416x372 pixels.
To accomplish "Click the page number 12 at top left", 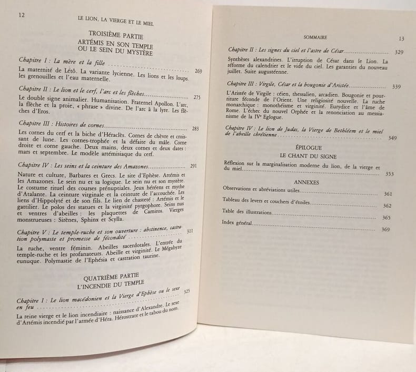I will pyautogui.click(x=22, y=15).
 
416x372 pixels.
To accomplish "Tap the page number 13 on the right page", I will pyautogui.click(x=402, y=38).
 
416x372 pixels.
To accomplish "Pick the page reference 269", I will pyautogui.click(x=198, y=71).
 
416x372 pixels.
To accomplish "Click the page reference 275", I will pyautogui.click(x=197, y=97).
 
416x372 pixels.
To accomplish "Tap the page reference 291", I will pyautogui.click(x=193, y=167).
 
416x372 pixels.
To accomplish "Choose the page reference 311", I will pyautogui.click(x=191, y=231).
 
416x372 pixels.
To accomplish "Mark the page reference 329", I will pyautogui.click(x=399, y=53).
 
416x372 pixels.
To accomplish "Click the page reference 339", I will pyautogui.click(x=397, y=87).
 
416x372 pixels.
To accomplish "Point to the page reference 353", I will pyautogui.click(x=389, y=173).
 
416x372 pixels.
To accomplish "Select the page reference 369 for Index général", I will pyautogui.click(x=385, y=230).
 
